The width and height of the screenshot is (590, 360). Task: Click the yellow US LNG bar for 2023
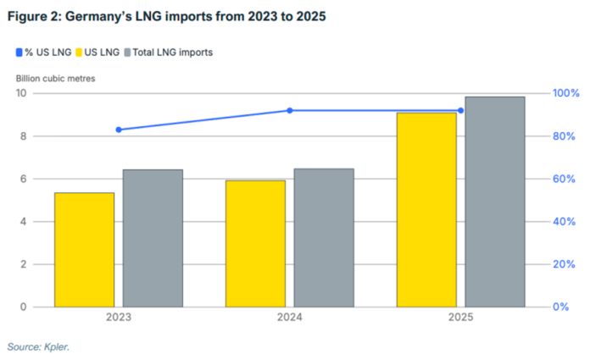pos(84,250)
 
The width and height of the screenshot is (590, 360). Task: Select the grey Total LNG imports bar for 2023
pos(153,238)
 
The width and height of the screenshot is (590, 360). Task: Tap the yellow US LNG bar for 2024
pos(255,243)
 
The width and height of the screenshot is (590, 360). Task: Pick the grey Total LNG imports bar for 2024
pos(324,237)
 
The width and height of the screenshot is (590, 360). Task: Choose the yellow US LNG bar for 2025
pos(426,209)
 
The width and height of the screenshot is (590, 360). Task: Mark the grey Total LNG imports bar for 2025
pos(495,202)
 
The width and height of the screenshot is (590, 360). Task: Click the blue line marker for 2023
pos(119,130)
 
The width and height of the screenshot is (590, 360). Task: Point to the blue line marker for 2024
pos(290,110)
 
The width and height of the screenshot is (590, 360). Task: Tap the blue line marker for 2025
pos(461,110)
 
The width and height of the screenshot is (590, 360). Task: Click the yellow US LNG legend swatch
pos(79,53)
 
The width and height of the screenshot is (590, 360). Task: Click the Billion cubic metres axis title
pos(55,78)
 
